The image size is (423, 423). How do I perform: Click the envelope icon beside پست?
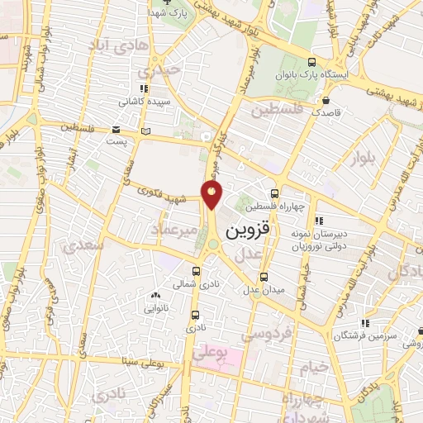pos(116,131)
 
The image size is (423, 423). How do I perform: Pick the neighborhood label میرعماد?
pos(173,228)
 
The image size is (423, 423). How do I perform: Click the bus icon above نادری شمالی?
pos(197,271)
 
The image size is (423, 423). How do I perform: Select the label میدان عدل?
pos(263,290)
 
